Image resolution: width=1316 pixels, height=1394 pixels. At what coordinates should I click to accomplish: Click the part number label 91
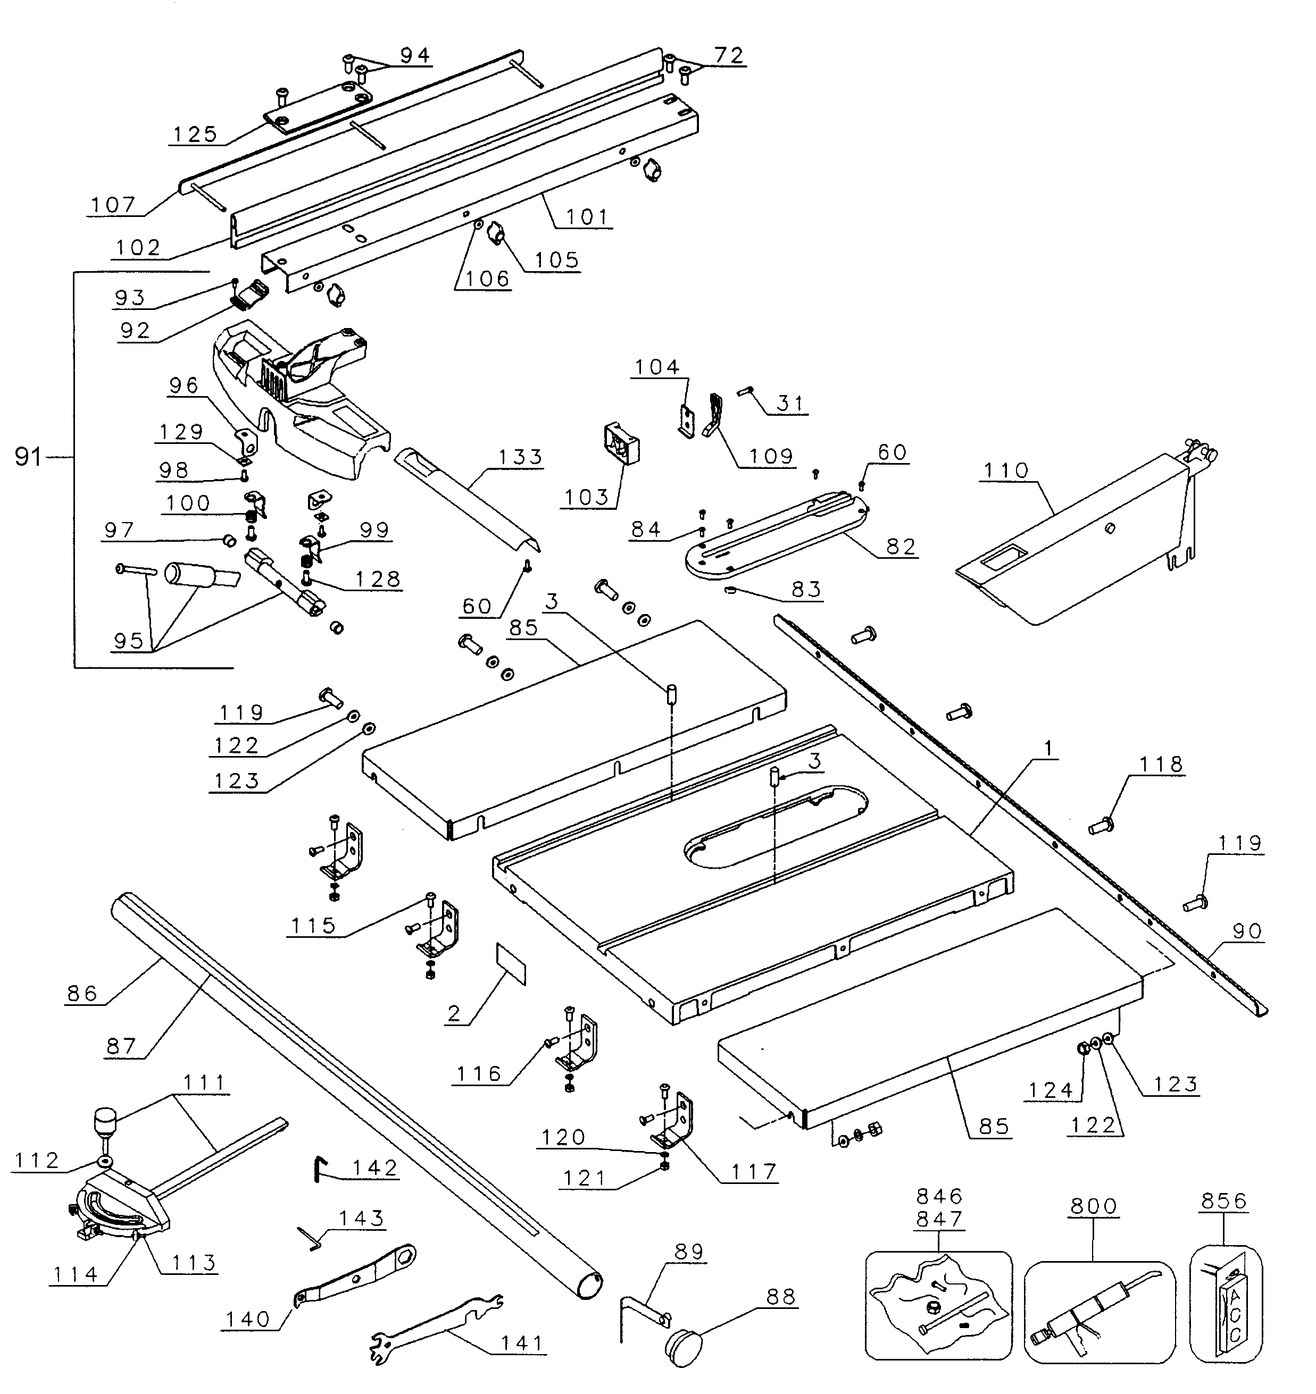(28, 458)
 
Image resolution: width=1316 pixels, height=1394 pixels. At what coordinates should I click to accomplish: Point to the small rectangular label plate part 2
(511, 964)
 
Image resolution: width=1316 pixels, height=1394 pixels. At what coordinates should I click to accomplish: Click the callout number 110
(1005, 471)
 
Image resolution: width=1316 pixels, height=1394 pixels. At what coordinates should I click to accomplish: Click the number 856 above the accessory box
(1223, 1201)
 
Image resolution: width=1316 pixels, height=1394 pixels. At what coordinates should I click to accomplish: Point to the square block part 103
(621, 443)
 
